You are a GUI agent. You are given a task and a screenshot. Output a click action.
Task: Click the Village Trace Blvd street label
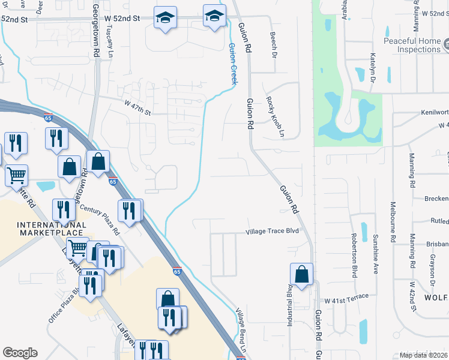272,232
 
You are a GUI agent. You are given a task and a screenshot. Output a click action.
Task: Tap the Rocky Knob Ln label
274,117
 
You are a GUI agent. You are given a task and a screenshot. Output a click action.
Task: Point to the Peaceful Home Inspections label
412,46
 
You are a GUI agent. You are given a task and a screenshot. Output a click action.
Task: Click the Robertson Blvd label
354,254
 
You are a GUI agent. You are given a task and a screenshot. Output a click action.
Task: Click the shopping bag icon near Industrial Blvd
301,274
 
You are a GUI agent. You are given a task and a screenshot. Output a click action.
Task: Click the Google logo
20,353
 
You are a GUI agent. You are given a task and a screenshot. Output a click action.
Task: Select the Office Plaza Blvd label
62,308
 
